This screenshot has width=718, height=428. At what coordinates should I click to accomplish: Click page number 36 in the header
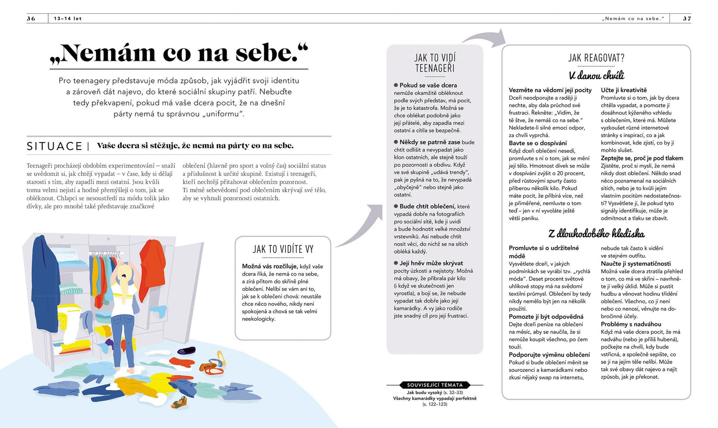tap(31, 19)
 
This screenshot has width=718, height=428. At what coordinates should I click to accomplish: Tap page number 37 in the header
tap(687, 19)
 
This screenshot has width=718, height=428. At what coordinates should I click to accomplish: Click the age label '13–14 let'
tap(68, 19)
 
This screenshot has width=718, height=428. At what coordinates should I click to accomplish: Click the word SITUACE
tap(55, 146)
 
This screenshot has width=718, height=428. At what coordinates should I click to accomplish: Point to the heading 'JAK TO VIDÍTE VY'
tap(283, 249)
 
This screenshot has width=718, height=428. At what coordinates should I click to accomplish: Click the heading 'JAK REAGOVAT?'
tap(596, 58)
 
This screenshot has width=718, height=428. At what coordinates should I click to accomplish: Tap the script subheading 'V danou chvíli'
tap(596, 75)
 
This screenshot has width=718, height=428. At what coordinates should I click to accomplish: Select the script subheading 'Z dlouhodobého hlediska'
tap(596, 233)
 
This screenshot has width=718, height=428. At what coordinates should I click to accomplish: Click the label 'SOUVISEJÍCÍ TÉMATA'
tap(435, 385)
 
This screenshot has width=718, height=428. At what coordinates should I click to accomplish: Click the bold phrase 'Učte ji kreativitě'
tap(624, 90)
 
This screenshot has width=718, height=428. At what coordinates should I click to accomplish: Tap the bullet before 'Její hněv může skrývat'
tap(396, 263)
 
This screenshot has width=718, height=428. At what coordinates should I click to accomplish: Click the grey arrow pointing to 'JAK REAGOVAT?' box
tap(484, 37)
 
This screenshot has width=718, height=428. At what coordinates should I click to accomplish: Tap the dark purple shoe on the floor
tap(186, 351)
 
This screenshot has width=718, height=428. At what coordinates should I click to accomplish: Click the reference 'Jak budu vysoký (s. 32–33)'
tap(435, 392)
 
